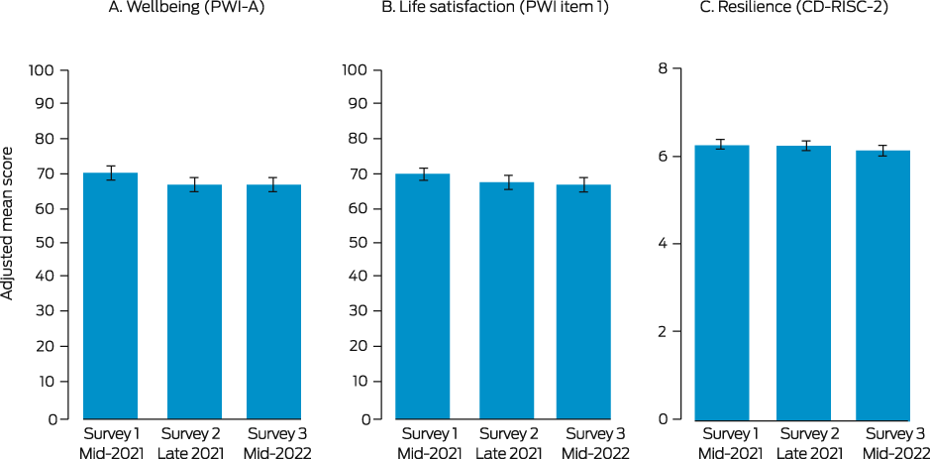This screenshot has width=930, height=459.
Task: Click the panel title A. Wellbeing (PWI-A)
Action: point(191,11)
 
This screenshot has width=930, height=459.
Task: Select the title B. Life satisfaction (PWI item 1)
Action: point(503,11)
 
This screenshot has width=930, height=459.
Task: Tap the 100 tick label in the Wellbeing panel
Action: point(43,70)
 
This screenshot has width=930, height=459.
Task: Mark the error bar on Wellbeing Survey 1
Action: point(110,172)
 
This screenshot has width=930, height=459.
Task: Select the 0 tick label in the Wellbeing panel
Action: point(51,418)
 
